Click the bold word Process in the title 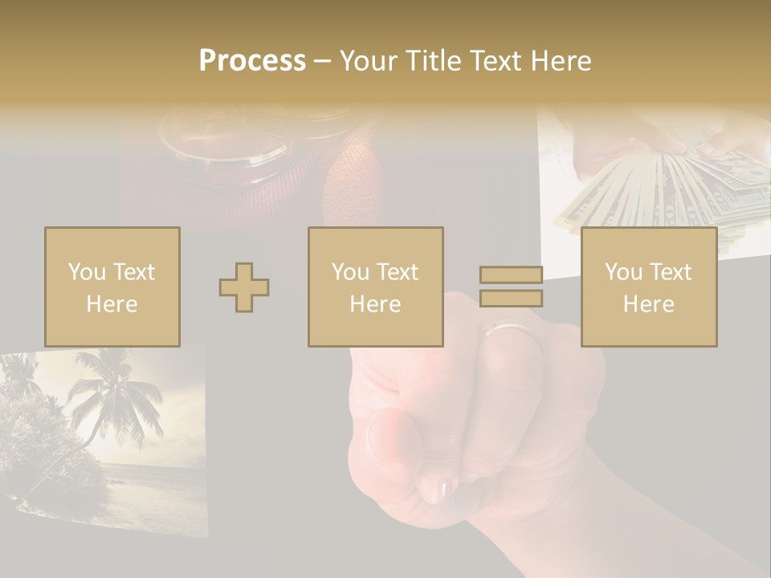(252, 60)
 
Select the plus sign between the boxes (244, 287)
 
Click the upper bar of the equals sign (511, 275)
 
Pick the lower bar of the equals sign (511, 298)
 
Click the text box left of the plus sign (112, 287)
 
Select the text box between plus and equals (375, 287)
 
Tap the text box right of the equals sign (648, 287)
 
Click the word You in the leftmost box (87, 271)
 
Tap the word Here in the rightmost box (648, 303)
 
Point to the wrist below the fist (546, 522)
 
